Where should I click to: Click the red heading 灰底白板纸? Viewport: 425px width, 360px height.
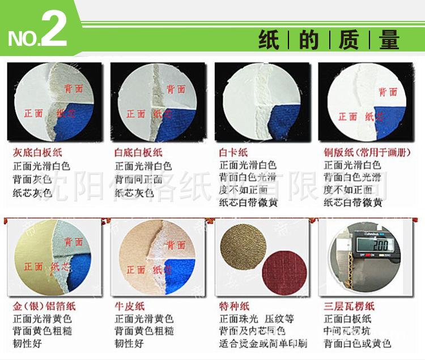point(37,153)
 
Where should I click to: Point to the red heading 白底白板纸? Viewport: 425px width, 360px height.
point(139,153)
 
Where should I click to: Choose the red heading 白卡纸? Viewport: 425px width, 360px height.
point(233,153)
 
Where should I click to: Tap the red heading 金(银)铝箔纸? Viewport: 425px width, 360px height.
point(44,306)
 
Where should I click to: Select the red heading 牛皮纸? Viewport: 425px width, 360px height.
point(129,306)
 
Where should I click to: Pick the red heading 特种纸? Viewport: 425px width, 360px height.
point(233,306)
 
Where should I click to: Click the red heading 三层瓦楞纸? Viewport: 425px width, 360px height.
point(350,306)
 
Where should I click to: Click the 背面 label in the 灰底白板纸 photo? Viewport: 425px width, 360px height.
point(74,89)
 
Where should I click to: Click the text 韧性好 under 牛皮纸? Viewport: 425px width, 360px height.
point(129,344)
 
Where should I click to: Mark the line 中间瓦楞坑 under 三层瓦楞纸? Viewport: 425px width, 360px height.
point(347,331)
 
